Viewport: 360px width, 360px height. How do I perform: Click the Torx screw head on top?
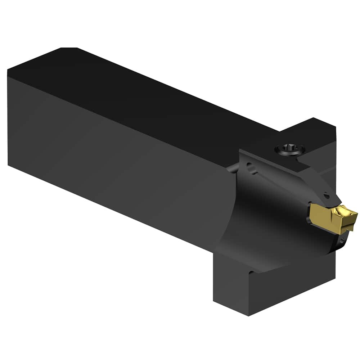289,148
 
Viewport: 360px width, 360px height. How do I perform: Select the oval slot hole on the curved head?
252,168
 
